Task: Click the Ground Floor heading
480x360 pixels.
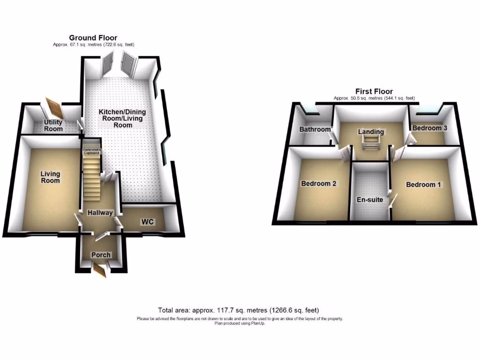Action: point(93,38)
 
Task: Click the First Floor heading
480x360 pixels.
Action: point(374,91)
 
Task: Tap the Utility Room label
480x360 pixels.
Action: point(53,126)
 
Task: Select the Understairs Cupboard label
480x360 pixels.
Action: point(91,151)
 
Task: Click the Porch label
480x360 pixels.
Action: point(101,255)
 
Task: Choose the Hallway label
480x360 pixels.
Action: point(100,213)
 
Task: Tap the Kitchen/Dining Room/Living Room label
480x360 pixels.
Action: point(122,119)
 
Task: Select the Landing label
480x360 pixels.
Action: point(371,132)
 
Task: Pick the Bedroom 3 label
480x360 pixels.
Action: point(427,128)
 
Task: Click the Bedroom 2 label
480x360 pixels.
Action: point(319,183)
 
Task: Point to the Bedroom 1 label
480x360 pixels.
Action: point(424,185)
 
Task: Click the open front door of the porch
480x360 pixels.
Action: point(99,271)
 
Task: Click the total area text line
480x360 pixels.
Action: point(240,310)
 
